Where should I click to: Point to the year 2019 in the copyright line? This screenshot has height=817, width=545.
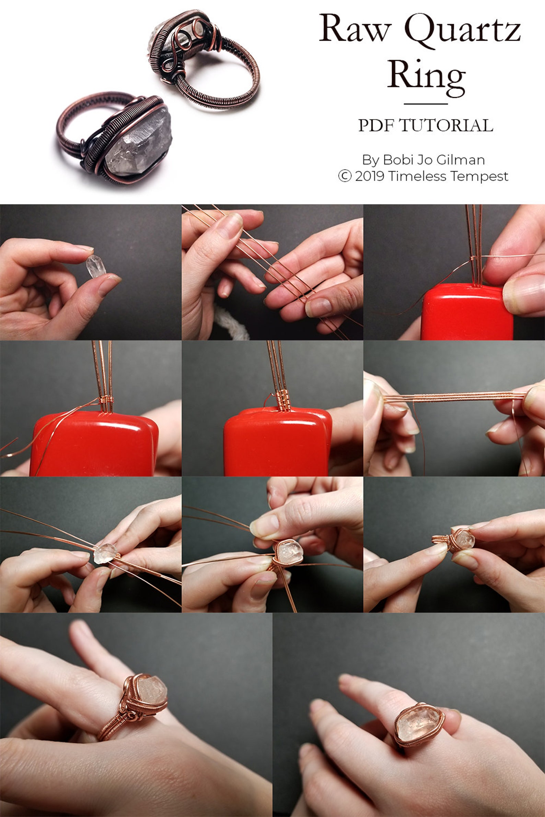370,176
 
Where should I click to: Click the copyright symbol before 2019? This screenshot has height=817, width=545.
345,176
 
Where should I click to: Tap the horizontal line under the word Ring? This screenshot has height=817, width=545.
426,104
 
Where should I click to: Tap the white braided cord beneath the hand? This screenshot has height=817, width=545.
231,323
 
